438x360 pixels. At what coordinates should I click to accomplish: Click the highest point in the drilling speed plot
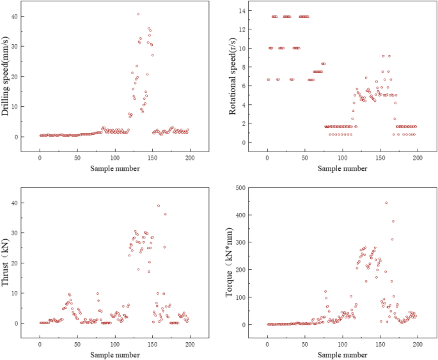[x=138, y=14]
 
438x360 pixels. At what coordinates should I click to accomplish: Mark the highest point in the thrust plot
[x=158, y=205]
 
